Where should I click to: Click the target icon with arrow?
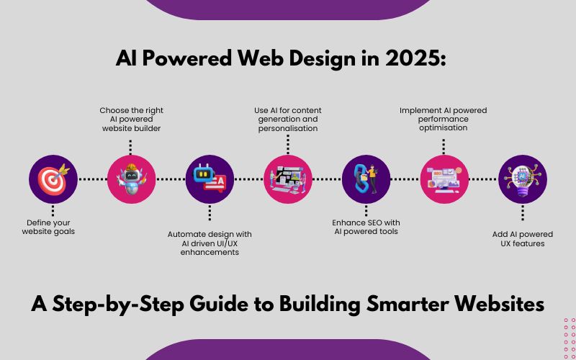click(53, 179)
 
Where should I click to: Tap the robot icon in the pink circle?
click(131, 179)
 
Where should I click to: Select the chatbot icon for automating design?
click(210, 179)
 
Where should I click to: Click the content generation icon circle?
click(288, 179)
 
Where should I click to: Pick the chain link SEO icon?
click(366, 179)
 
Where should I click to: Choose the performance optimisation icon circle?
click(444, 179)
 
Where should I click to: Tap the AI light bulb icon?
click(523, 179)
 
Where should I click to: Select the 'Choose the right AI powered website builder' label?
click(131, 119)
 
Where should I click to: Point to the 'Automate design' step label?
click(210, 243)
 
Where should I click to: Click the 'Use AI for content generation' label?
click(288, 119)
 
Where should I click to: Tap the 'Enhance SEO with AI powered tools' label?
click(366, 226)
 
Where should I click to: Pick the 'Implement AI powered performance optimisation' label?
click(444, 119)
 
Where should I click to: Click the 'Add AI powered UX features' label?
click(523, 239)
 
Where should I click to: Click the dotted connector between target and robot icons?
click(91, 179)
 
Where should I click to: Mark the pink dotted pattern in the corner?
click(569, 338)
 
